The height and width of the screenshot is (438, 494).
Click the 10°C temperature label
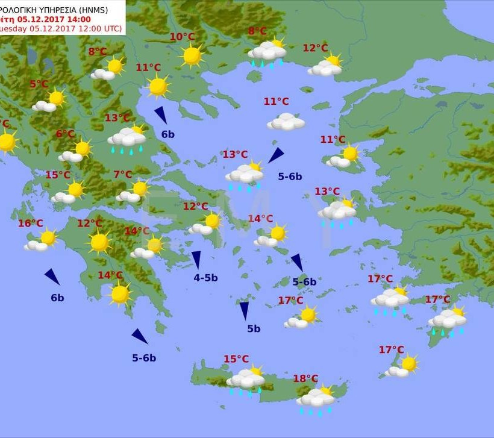coord(182,37)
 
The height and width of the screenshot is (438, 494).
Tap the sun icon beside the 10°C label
coord(192,55)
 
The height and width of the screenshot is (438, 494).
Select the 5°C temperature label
coord(39,84)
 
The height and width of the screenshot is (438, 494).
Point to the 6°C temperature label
coord(66,134)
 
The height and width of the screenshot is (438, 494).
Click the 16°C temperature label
coord(30,224)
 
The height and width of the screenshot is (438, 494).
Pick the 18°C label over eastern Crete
coord(305,378)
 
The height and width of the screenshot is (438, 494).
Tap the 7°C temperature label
coord(123,175)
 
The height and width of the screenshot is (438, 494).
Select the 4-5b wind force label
coord(205,278)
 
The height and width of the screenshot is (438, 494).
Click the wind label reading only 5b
coord(254,328)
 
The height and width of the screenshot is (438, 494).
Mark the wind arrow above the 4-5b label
coord(196,259)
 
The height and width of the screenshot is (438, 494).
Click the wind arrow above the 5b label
coord(244,310)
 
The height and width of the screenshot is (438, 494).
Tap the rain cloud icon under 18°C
coord(316,399)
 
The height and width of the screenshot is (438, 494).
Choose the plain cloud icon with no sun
coord(286,122)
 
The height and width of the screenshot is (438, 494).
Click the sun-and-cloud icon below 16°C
coord(40,241)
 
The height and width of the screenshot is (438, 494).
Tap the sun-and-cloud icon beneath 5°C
coord(49,102)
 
